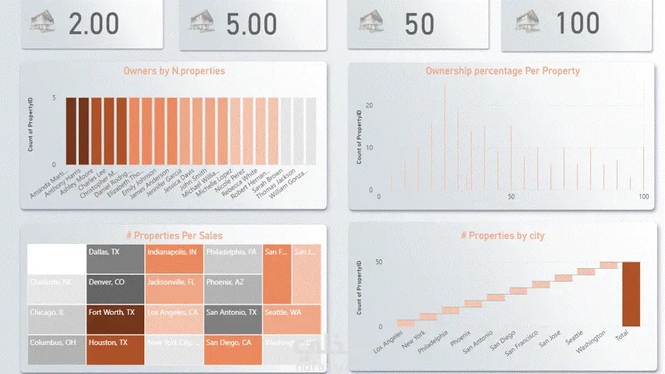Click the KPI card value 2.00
94,23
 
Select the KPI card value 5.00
251,23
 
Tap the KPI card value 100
578,23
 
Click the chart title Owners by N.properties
174,71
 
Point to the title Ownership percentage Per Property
502,71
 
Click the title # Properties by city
502,235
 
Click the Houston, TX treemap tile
115,349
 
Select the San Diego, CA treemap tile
232,349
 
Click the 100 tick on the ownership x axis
643,197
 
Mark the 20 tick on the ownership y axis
370,105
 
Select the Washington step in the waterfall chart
608,266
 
